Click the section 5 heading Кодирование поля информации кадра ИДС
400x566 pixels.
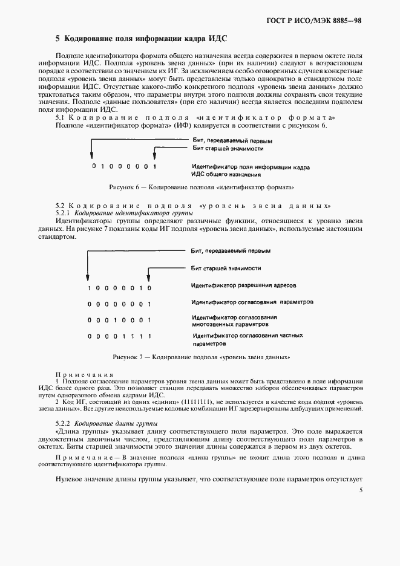141,38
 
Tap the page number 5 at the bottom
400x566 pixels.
360,490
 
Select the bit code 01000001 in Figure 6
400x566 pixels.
123,166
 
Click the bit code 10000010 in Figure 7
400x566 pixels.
118,288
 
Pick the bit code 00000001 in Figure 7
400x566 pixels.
118,304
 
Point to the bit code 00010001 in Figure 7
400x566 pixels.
118,320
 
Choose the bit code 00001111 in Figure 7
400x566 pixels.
118,336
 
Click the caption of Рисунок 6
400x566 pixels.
202,187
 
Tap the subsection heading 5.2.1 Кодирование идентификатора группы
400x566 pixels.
124,213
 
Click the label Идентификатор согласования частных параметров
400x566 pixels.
246,339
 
